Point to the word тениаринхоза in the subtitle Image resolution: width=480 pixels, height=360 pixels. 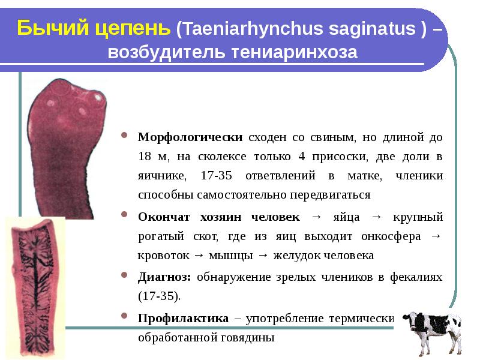point(294,52)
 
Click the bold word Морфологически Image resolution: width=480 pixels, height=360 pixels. point(190,137)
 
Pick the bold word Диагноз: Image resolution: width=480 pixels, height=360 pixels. point(164,277)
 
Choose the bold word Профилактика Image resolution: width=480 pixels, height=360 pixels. point(183,319)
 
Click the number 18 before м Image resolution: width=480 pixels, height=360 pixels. point(145,156)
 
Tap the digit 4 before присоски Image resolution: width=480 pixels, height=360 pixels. point(302,156)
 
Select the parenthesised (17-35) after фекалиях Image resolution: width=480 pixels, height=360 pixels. point(159,296)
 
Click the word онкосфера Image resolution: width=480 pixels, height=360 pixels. point(391,236)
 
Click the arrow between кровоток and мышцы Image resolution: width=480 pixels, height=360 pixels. point(199,256)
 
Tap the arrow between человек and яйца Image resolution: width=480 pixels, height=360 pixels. point(317,217)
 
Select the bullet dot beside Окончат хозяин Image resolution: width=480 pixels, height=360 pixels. point(124,214)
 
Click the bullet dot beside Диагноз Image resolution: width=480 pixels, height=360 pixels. point(124,275)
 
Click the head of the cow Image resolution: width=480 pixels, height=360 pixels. point(410,318)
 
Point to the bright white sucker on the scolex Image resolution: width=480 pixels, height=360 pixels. point(98,97)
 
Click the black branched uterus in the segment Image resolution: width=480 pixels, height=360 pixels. point(37,284)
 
